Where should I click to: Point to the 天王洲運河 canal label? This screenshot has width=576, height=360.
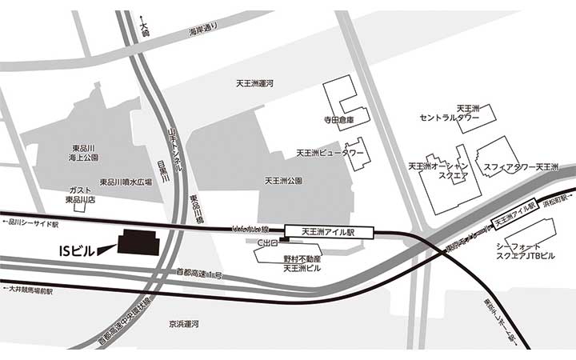coord(254,83)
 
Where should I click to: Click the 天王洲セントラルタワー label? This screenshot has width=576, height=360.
coord(450,113)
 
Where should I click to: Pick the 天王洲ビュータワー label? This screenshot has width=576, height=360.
coord(330,152)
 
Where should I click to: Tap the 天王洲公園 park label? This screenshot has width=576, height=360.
coord(283,182)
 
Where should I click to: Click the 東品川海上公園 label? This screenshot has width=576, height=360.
coord(83,154)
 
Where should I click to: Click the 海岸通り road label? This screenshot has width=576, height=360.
coord(202,32)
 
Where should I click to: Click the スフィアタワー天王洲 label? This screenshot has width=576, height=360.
coord(520,166)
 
